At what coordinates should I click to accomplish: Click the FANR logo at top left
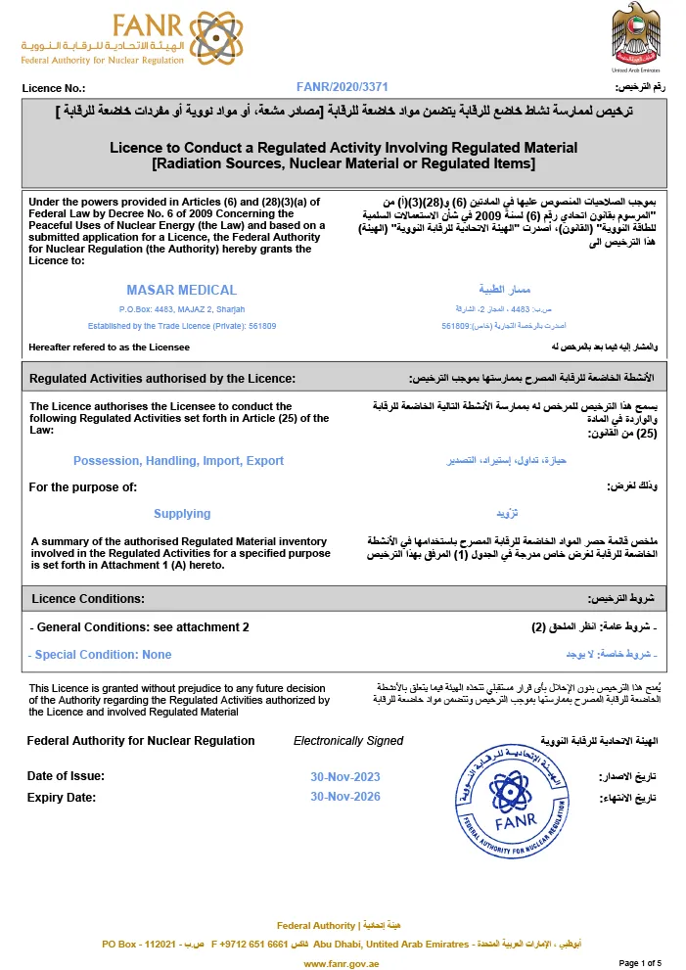102,39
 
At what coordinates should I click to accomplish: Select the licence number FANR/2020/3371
342,88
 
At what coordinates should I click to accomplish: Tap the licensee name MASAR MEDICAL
181,290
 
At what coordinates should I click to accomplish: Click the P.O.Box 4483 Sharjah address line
181,309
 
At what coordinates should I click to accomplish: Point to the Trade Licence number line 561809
182,325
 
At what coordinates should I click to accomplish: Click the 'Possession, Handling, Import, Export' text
178,461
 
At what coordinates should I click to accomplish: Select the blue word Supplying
182,514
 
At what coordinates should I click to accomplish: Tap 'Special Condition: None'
102,655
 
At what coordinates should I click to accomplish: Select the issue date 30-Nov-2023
344,777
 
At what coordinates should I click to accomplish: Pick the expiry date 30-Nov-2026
344,798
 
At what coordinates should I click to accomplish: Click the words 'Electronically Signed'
347,741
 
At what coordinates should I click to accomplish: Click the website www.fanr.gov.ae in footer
342,963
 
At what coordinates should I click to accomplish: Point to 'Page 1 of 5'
640,963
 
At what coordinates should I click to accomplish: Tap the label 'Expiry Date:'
62,798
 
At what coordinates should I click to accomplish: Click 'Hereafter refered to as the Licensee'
110,347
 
